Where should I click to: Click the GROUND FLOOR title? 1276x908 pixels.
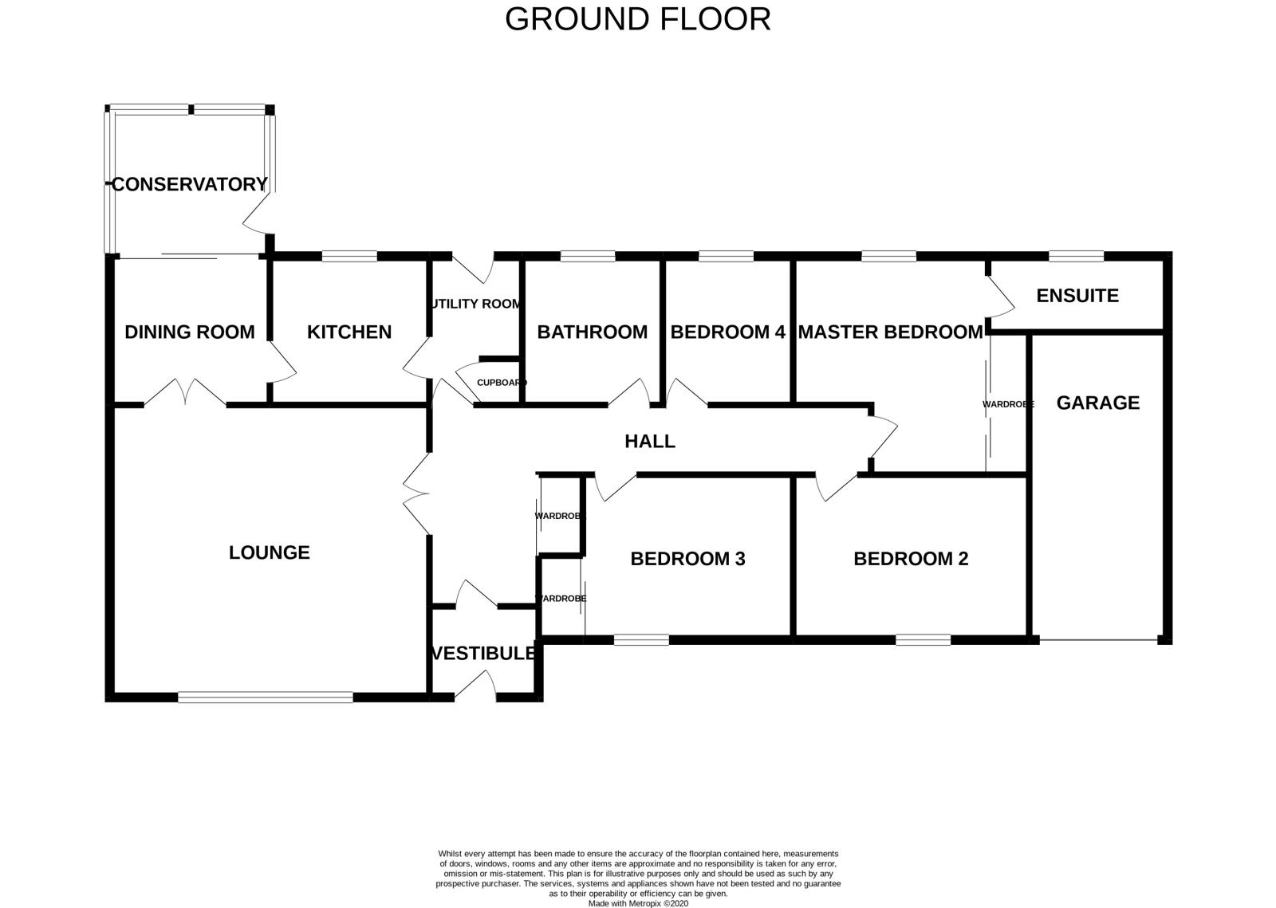tap(637, 19)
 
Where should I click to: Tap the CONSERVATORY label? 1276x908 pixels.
tap(189, 184)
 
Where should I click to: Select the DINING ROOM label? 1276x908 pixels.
tap(190, 332)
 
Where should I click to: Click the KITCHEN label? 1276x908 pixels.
tap(349, 332)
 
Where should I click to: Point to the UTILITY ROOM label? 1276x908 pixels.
tap(476, 304)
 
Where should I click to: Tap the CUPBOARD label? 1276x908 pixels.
tap(502, 383)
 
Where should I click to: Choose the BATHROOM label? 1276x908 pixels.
tap(592, 332)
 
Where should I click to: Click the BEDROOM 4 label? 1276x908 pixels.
tap(727, 332)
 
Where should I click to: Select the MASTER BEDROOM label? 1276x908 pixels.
tap(890, 332)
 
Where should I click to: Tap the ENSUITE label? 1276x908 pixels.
tap(1077, 296)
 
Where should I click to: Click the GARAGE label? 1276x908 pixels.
tap(1097, 403)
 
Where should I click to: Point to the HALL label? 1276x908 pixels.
tap(650, 441)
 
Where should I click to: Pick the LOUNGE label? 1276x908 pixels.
tap(269, 552)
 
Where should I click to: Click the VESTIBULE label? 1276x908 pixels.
tap(483, 654)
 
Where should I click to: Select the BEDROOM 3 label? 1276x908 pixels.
tap(687, 559)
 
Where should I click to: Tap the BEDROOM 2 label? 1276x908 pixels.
tap(911, 559)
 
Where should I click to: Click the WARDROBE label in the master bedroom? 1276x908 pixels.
tap(1008, 405)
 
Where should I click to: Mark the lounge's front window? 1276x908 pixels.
tap(265, 698)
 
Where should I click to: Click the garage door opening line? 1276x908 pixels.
tap(1098, 639)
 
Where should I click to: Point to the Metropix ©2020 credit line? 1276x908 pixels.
tap(637, 903)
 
